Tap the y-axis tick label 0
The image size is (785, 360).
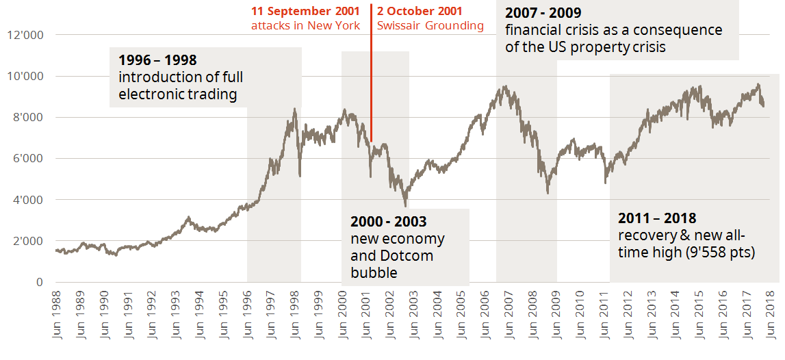click(x=39, y=282)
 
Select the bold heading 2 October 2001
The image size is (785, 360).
click(x=420, y=12)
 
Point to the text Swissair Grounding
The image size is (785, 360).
click(x=430, y=26)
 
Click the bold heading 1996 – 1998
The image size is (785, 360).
click(x=157, y=60)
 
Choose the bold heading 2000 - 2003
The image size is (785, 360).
click(x=388, y=222)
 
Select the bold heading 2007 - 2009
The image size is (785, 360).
click(x=544, y=13)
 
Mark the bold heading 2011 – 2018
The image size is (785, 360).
click(x=657, y=218)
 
